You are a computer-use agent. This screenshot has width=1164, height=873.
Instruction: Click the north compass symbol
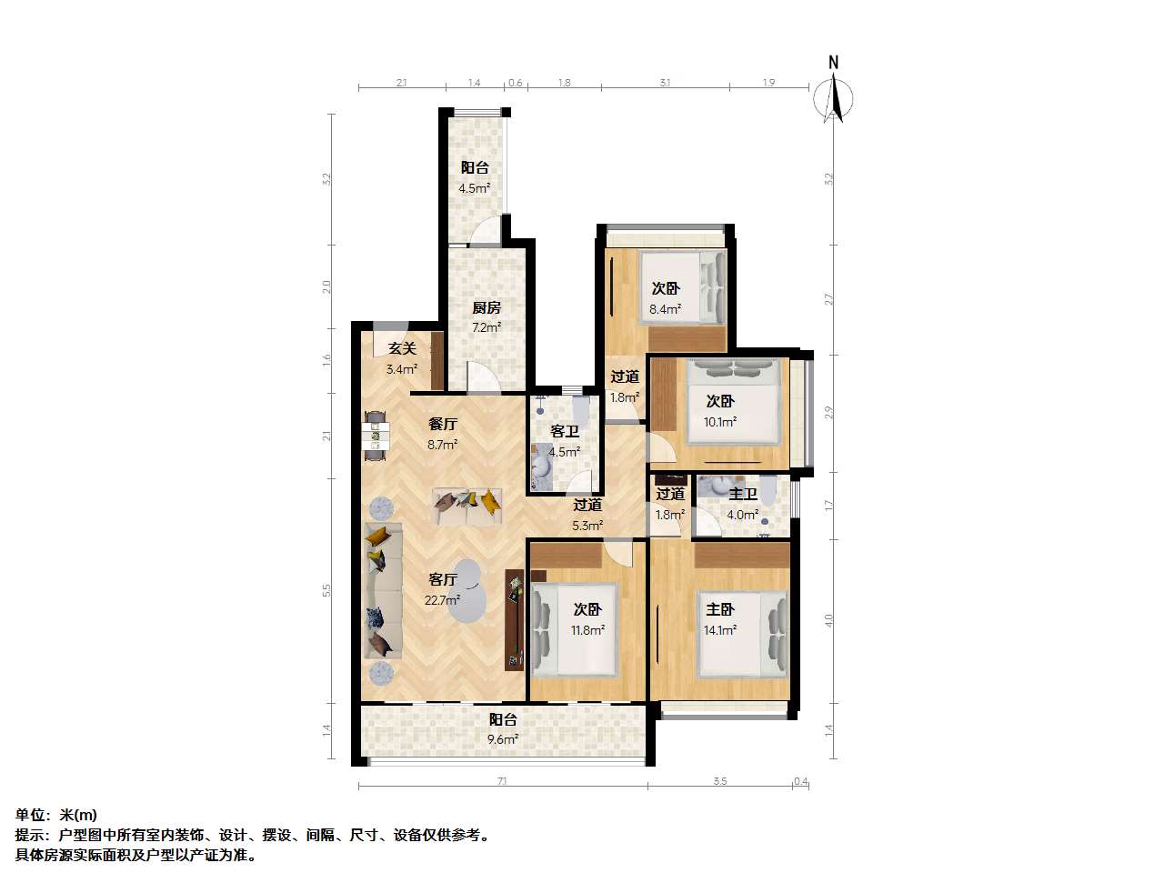834,93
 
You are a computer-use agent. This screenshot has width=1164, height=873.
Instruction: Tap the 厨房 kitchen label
486,307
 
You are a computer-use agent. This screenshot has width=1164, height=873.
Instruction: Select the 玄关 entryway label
401,347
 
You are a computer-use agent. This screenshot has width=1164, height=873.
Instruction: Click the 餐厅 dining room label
442,424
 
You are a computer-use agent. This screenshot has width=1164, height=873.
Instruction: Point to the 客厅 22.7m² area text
443,599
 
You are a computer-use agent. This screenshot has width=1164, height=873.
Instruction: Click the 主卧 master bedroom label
719,609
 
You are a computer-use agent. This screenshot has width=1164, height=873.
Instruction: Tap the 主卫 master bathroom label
743,494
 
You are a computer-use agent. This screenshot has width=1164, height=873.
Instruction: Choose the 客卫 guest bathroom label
564,431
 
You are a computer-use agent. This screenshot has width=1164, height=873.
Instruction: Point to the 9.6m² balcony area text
502,740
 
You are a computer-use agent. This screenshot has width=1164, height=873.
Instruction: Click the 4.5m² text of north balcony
475,189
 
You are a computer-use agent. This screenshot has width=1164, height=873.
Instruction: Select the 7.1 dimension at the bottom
502,780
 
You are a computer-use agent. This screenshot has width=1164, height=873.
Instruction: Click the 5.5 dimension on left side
327,590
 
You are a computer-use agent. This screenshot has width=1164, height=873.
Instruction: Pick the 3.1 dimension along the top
665,83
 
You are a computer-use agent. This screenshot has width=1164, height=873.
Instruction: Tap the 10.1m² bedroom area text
719,422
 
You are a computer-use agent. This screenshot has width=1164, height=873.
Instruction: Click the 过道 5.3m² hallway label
587,505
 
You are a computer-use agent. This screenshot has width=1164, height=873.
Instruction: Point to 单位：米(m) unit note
56,815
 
